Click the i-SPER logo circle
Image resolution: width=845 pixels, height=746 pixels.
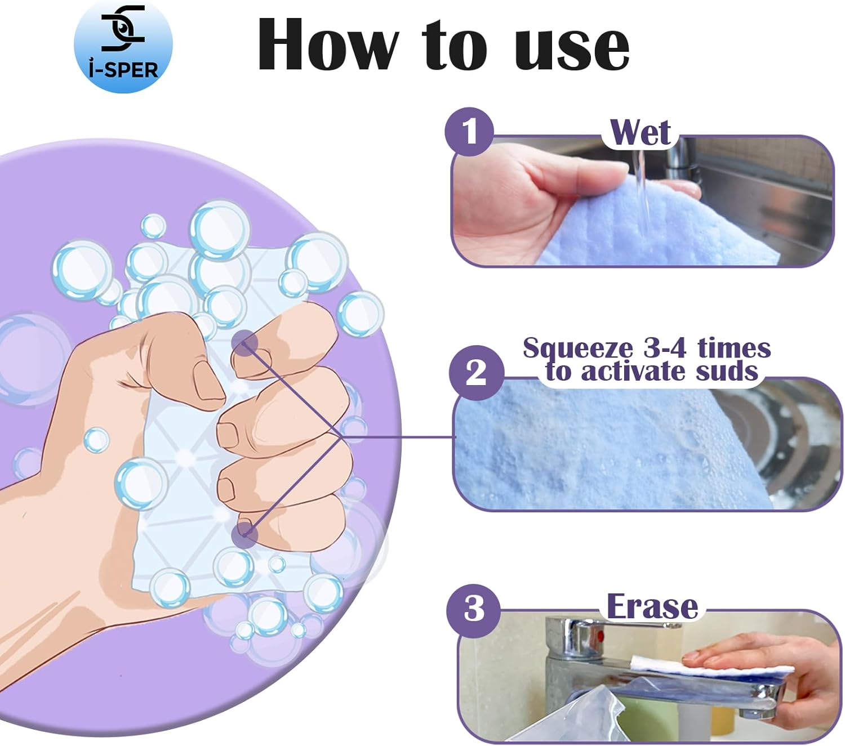[x=123, y=46]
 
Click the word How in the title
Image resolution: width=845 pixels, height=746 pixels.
[x=328, y=45]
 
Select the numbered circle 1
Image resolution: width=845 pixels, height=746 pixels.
[x=469, y=132]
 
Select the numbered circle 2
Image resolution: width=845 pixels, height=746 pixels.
[x=476, y=372]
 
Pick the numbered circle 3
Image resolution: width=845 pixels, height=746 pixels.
[x=473, y=609]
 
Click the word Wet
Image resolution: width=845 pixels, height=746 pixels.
[x=640, y=133]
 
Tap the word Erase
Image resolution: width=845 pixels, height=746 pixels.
[x=652, y=607]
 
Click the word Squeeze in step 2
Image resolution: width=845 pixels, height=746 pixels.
[x=578, y=349]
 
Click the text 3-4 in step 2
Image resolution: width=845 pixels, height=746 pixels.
[x=665, y=349]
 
